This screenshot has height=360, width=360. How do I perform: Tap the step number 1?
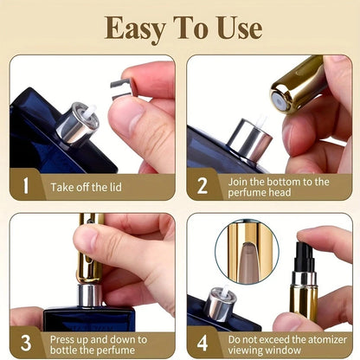click(25, 186)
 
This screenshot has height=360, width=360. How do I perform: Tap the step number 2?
click(202, 186)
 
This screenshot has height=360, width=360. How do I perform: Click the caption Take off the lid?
click(90, 187)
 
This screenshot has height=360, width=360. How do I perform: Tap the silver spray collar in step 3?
click(89, 295)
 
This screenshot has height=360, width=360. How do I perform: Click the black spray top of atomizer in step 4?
click(305, 256)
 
